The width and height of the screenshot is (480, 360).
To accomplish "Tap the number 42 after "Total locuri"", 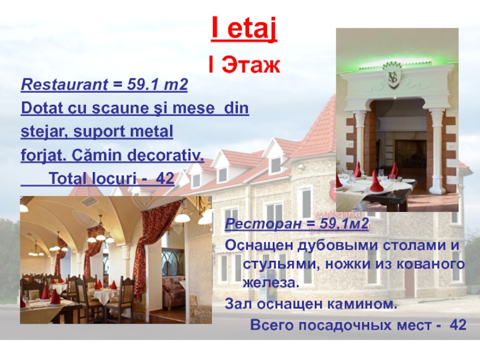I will (165, 179).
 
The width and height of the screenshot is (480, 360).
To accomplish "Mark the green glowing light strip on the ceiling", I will (396, 58).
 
